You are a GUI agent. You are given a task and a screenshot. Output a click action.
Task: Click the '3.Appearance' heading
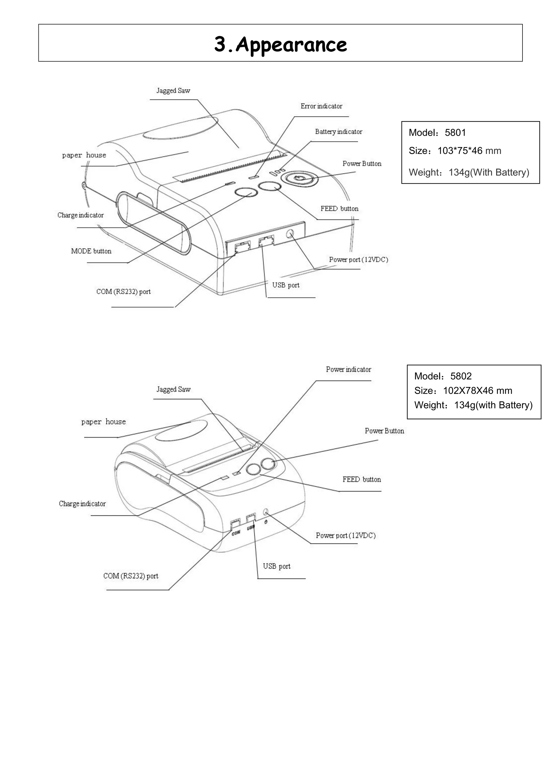[280, 44]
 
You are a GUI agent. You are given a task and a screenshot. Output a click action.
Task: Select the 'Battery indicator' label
[338, 132]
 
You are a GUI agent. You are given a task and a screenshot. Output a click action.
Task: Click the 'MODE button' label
[91, 251]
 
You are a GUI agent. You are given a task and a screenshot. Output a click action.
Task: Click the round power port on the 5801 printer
[290, 234]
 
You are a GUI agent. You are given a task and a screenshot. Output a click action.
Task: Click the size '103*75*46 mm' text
[469, 151]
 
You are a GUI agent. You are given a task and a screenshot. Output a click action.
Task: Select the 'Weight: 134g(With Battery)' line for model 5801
[469, 173]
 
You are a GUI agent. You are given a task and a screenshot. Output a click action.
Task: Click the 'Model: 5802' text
[443, 376]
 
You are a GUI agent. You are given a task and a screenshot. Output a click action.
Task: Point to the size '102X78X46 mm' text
[477, 391]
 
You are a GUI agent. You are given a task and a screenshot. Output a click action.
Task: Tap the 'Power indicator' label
[348, 369]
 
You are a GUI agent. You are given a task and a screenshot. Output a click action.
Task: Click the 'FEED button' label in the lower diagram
[362, 480]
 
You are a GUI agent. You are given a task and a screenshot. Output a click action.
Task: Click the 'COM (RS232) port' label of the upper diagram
[123, 292]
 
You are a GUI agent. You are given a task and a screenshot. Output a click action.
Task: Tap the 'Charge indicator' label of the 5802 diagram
[82, 504]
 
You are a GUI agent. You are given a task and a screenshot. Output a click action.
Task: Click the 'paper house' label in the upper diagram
[84, 155]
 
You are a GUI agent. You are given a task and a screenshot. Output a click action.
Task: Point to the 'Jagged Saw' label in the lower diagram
[173, 389]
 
